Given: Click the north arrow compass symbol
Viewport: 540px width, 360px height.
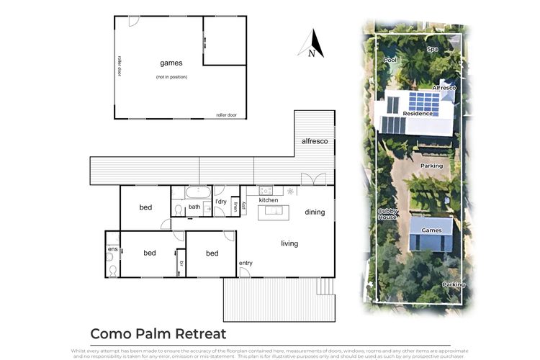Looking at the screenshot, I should pyautogui.click(x=311, y=44).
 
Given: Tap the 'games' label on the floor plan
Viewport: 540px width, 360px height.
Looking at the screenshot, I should pyautogui.click(x=171, y=63).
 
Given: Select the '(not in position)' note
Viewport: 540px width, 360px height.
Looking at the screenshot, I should pyautogui.click(x=171, y=76).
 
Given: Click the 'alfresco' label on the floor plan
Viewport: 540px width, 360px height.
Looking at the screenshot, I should pyautogui.click(x=315, y=141).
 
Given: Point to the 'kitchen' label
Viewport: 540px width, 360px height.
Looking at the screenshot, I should pyautogui.click(x=269, y=200).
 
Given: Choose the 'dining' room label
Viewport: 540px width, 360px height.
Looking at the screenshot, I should pyautogui.click(x=315, y=212).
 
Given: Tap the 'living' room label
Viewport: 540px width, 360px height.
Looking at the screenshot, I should pyautogui.click(x=289, y=243).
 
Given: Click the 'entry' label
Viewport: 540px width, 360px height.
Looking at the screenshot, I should pyautogui.click(x=246, y=262).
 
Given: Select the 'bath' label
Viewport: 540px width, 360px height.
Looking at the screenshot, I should pyautogui.click(x=194, y=207).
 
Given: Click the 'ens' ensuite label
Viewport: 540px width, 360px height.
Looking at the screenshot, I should pyautogui.click(x=112, y=249).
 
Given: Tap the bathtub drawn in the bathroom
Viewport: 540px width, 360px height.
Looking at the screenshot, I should pyautogui.click(x=197, y=193).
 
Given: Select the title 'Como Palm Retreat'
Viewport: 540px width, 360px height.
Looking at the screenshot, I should pyautogui.click(x=158, y=333).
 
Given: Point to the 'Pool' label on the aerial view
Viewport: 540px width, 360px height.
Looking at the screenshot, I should pyautogui.click(x=390, y=60).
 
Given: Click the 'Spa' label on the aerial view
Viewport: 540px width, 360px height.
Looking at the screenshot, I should pyautogui.click(x=432, y=50).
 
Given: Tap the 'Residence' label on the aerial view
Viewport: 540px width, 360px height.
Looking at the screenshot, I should pyautogui.click(x=418, y=113).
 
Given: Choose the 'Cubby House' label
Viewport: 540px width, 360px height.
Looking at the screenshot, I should pyautogui.click(x=387, y=214).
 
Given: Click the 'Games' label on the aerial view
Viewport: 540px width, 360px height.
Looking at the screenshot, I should pyautogui.click(x=431, y=230).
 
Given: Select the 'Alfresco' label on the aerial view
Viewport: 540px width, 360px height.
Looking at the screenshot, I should pyautogui.click(x=444, y=88).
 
